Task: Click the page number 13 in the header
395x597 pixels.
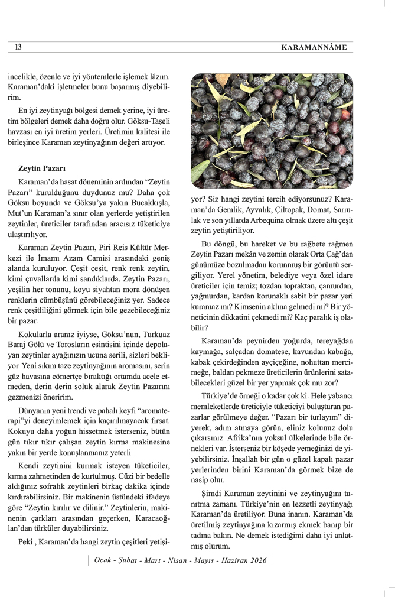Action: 18,47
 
